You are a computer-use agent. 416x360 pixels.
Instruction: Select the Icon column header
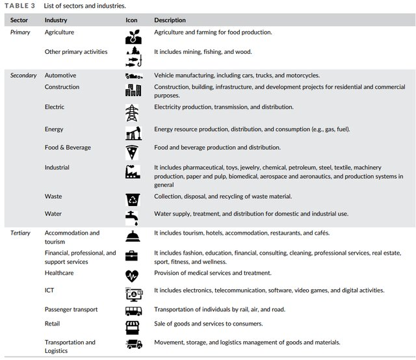click(x=131, y=20)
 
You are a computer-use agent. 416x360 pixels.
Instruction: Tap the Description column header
click(x=170, y=20)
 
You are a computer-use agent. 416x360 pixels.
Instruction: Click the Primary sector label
click(x=20, y=32)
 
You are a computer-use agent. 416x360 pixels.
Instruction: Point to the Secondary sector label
click(x=23, y=75)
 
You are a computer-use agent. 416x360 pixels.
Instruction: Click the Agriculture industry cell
click(x=59, y=32)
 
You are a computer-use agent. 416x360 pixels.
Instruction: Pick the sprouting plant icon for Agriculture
click(x=133, y=36)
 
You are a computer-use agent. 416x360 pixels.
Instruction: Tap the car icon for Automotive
click(x=133, y=76)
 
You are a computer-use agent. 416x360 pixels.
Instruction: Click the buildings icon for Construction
click(x=133, y=90)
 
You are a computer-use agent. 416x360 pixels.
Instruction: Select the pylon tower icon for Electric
click(x=133, y=112)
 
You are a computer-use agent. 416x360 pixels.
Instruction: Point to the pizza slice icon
click(x=133, y=152)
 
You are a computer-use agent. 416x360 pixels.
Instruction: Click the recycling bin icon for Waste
click(x=133, y=199)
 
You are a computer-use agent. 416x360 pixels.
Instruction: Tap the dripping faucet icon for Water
click(x=133, y=216)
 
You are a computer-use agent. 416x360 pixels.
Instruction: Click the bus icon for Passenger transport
click(x=133, y=311)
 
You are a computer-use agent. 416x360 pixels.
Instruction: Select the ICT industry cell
click(x=49, y=290)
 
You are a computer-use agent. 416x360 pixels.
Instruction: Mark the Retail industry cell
click(x=52, y=323)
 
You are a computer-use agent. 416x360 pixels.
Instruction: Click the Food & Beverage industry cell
click(x=68, y=148)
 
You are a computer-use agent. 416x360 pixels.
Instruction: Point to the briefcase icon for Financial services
click(x=133, y=256)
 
